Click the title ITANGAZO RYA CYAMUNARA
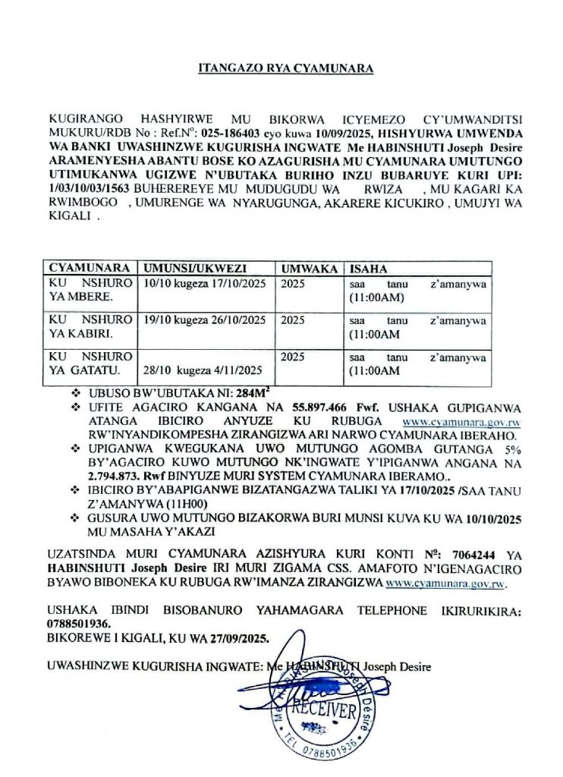281,69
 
